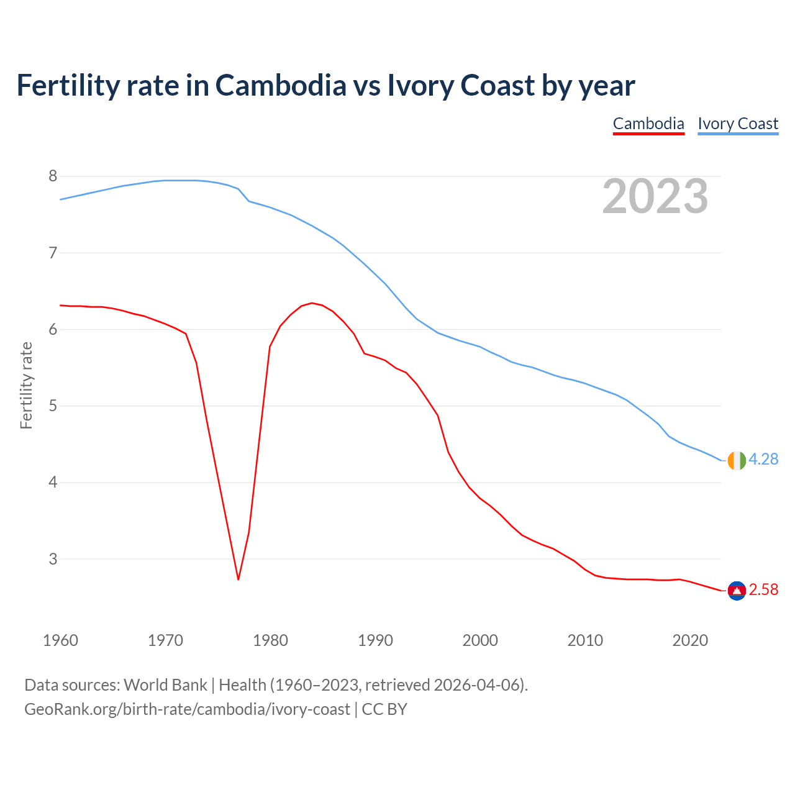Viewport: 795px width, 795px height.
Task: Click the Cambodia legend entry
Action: coord(648,124)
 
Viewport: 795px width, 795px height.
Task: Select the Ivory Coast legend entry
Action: coord(738,124)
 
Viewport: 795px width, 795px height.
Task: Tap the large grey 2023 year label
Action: coord(655,196)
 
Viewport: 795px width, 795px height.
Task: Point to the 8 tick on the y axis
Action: coord(53,176)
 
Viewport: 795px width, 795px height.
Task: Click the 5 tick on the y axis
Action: coord(53,406)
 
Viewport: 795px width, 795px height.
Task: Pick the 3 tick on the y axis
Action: coord(53,559)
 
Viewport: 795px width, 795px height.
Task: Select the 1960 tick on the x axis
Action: coord(60,640)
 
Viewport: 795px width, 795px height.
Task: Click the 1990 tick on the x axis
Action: coord(375,640)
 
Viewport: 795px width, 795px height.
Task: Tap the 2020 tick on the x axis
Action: coord(690,640)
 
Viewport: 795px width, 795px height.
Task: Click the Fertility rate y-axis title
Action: coord(26,385)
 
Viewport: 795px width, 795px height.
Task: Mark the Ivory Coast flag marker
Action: coord(736,460)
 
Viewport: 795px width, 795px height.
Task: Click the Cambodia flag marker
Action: coord(736,591)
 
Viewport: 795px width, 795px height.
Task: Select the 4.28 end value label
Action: coord(763,460)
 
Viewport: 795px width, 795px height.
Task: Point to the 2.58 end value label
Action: coord(763,590)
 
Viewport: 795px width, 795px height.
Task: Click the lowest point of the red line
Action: coord(238,579)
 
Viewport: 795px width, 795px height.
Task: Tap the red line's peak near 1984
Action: coord(312,303)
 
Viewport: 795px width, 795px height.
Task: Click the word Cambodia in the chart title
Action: coord(281,85)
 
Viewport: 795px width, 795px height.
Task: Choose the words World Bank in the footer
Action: coord(165,685)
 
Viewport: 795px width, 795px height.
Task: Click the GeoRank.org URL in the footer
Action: coord(187,709)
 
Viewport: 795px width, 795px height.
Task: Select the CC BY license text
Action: coord(384,709)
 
